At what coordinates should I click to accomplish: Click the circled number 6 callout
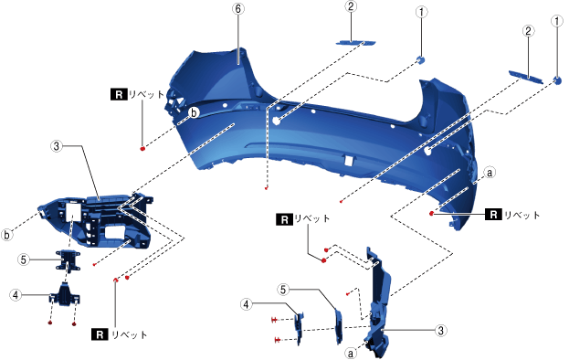pyautogui.click(x=238, y=9)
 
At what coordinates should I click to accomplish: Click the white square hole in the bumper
pyautogui.click(x=348, y=161)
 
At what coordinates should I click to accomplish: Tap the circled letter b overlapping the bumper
pyautogui.click(x=195, y=113)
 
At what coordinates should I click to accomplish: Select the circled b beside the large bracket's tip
pyautogui.click(x=6, y=235)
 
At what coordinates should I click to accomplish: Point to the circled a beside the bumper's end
pyautogui.click(x=490, y=173)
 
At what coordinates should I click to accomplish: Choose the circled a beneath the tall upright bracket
pyautogui.click(x=351, y=353)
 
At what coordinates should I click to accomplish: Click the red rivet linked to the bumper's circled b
pyautogui.click(x=142, y=148)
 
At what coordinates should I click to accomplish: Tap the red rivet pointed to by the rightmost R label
pyautogui.click(x=431, y=214)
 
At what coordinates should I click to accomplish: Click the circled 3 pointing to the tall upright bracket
pyautogui.click(x=440, y=331)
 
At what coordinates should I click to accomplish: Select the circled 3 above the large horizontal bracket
pyautogui.click(x=57, y=146)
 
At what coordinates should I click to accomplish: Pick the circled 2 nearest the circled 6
pyautogui.click(x=351, y=6)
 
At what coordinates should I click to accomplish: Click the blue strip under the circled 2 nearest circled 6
pyautogui.click(x=355, y=42)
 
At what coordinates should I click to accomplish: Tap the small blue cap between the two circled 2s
pyautogui.click(x=420, y=60)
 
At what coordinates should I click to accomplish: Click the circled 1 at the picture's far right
pyautogui.click(x=557, y=21)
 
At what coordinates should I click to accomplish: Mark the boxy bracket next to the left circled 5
pyautogui.click(x=68, y=260)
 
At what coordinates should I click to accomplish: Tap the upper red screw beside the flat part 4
pyautogui.click(x=275, y=320)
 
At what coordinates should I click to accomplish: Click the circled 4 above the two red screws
pyautogui.click(x=247, y=304)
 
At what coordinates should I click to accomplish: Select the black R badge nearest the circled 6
pyautogui.click(x=119, y=94)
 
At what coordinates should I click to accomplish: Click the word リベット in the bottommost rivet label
pyautogui.click(x=129, y=334)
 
